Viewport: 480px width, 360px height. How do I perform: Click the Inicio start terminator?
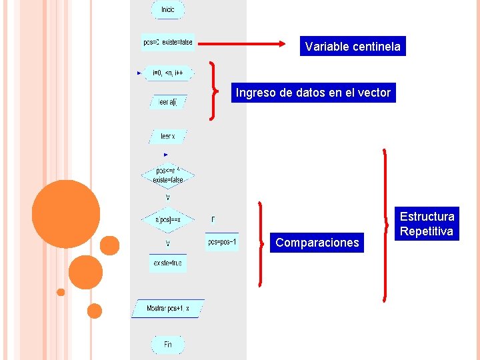point(167,10)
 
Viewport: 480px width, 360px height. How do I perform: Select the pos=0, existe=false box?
point(168,42)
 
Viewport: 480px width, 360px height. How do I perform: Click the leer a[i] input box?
point(168,102)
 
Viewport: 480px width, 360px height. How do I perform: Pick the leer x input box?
point(167,136)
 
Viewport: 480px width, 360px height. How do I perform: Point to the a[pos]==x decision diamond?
point(167,219)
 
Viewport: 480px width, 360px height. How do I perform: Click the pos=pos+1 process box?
point(222,242)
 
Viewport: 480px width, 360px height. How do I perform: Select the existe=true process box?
point(167,263)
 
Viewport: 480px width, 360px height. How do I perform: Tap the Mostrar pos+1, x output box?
point(167,309)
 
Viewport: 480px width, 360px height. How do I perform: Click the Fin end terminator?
point(167,344)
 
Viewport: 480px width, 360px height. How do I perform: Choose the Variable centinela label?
point(353,47)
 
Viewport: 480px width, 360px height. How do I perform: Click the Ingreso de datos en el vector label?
point(313,93)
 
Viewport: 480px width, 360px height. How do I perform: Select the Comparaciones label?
point(317,243)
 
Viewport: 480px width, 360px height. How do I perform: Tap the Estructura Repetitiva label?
point(427,224)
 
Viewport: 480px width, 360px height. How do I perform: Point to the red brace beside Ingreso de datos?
point(213,91)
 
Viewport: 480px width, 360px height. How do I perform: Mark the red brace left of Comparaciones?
point(261,243)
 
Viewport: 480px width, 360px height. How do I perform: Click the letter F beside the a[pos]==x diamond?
point(213,219)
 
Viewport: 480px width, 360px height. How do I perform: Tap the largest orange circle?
point(65,213)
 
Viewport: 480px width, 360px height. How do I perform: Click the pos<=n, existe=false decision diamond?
point(167,175)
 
